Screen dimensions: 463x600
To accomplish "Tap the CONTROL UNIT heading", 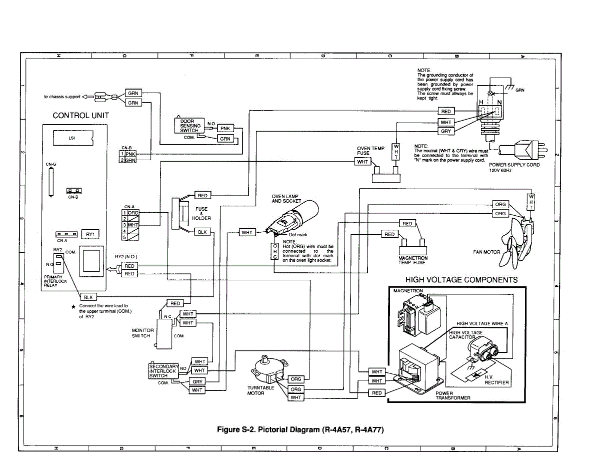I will coord(80,116).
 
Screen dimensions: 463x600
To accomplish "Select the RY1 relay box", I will coord(90,234).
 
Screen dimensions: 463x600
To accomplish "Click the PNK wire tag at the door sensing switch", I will coord(225,128).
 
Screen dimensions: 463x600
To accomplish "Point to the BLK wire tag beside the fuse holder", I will coord(202,232).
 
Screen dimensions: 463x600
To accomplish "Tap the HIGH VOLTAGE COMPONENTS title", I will coord(461,280).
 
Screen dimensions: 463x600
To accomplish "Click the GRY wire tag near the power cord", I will coord(446,131).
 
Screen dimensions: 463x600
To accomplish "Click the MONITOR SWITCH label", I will coord(142,333).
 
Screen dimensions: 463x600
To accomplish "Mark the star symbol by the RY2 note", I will coord(73,306).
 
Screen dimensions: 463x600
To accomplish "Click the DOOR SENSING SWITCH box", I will coord(190,126).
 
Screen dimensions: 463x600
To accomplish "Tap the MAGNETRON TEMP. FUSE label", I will coord(412,260).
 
